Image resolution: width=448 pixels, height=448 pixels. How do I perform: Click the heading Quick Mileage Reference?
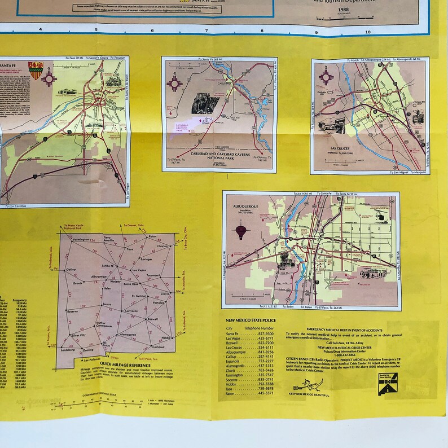pyautogui.click(x=121, y=364)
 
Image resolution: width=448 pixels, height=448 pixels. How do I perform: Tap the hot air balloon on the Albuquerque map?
pyautogui.click(x=241, y=231)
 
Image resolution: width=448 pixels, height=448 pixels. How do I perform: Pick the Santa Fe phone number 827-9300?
pyautogui.click(x=265, y=334)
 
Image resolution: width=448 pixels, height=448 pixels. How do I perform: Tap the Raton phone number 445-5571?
pyautogui.click(x=265, y=393)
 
